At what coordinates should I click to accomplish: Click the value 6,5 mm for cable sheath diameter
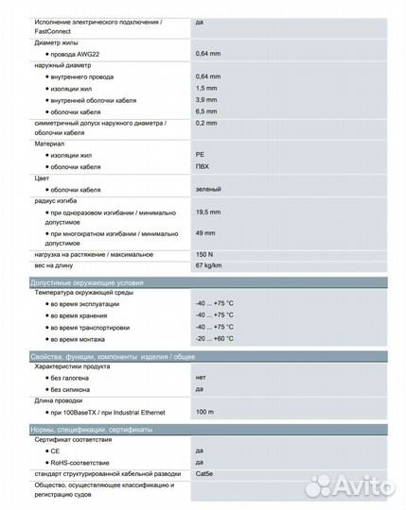click(x=207, y=110)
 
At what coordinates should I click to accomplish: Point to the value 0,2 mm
click(x=207, y=123)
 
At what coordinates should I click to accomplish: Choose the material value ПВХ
click(x=203, y=167)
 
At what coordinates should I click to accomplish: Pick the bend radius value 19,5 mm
click(x=209, y=212)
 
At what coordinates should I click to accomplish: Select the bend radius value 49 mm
click(x=205, y=233)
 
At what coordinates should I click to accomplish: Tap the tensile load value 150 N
click(x=205, y=255)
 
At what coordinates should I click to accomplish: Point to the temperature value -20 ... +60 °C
click(x=214, y=338)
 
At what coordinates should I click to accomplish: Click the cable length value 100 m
click(x=204, y=412)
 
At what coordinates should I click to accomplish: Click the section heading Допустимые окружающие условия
click(x=87, y=281)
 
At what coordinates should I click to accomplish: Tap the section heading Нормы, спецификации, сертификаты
click(x=92, y=429)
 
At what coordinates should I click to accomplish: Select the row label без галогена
click(x=75, y=377)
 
